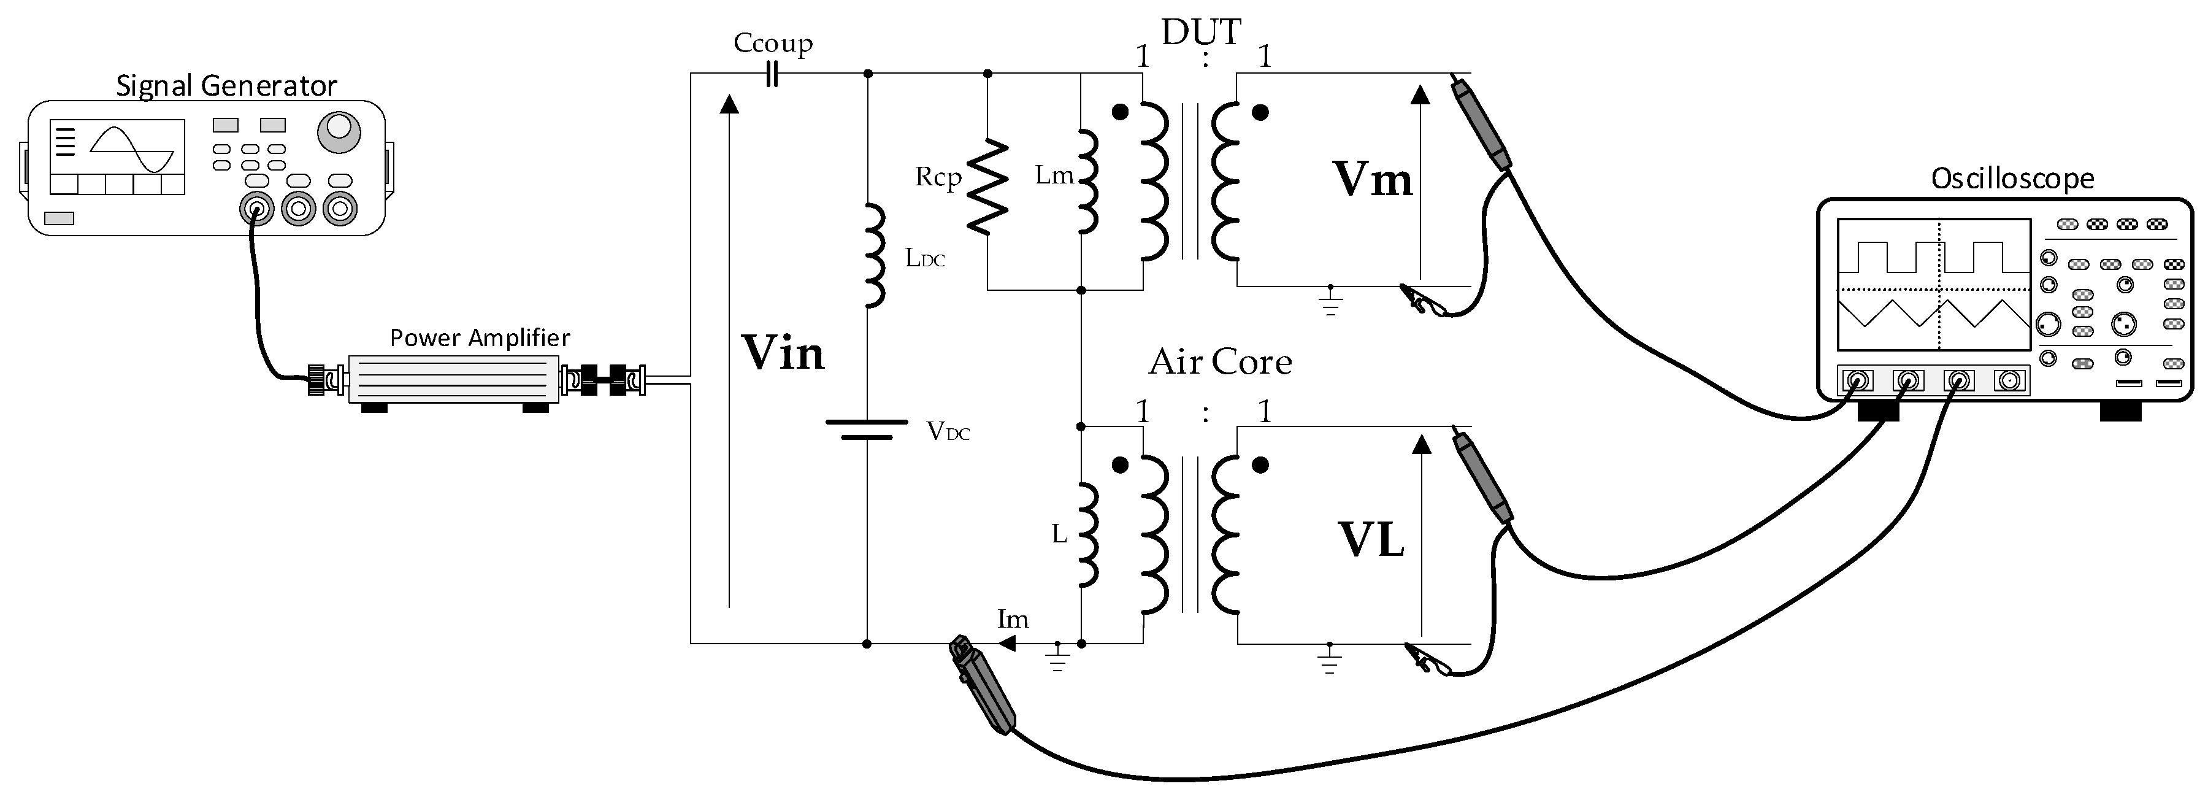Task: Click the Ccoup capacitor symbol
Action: pyautogui.click(x=772, y=75)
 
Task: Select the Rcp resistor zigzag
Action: pyautogui.click(x=987, y=186)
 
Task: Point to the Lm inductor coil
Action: pyautogui.click(x=1086, y=182)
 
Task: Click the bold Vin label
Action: pyautogui.click(x=782, y=353)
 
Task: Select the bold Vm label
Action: pyautogui.click(x=1371, y=180)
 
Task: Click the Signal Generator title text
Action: pyautogui.click(x=226, y=86)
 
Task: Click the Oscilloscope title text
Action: pyautogui.click(x=2012, y=179)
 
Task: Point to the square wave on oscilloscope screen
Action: pyautogui.click(x=1932, y=256)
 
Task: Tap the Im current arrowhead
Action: pyautogui.click(x=1007, y=643)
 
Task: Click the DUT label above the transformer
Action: pyautogui.click(x=1201, y=33)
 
